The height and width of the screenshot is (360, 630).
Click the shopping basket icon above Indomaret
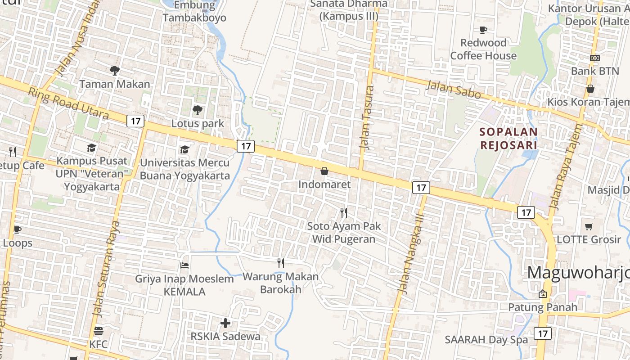click(x=324, y=171)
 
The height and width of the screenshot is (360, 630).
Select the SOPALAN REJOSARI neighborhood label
click(x=508, y=139)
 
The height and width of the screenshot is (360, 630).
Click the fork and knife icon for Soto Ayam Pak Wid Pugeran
click(x=344, y=212)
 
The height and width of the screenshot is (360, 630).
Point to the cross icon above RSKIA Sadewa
click(x=225, y=323)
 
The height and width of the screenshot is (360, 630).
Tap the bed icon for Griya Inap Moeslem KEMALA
click(x=184, y=265)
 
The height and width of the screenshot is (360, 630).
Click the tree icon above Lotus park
click(x=197, y=110)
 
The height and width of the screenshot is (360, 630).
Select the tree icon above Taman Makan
click(x=114, y=70)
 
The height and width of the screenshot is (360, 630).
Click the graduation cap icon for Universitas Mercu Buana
click(x=184, y=149)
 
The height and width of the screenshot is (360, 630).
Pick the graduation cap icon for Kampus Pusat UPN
click(x=92, y=148)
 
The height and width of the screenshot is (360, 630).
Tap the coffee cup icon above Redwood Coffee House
click(x=483, y=30)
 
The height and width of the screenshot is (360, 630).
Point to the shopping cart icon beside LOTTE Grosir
click(x=589, y=226)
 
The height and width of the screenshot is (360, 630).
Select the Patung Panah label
click(x=542, y=307)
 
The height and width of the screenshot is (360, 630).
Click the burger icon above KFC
click(x=99, y=331)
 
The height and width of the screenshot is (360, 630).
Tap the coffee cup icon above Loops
click(x=17, y=230)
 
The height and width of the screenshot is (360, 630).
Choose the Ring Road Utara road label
click(x=68, y=103)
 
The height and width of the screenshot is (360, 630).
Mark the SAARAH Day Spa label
click(x=486, y=340)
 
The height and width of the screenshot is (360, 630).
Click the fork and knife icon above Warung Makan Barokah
click(x=281, y=263)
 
